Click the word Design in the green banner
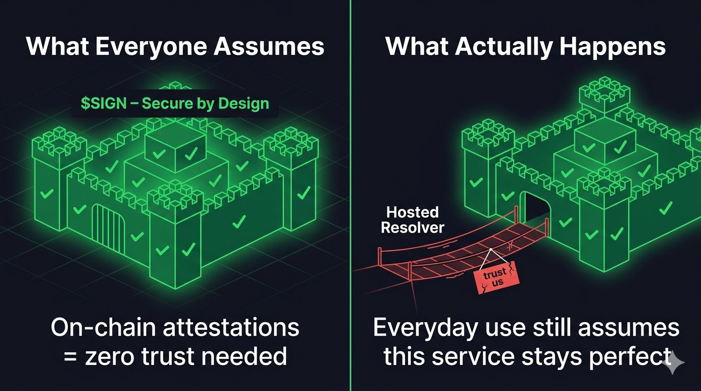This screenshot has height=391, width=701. pos(243,104)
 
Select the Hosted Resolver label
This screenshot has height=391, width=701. pos(412,219)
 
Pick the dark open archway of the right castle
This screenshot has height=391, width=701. pos(535,209)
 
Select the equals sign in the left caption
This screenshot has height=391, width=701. pos(70,355)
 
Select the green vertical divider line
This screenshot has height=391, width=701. pos(351,153)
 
